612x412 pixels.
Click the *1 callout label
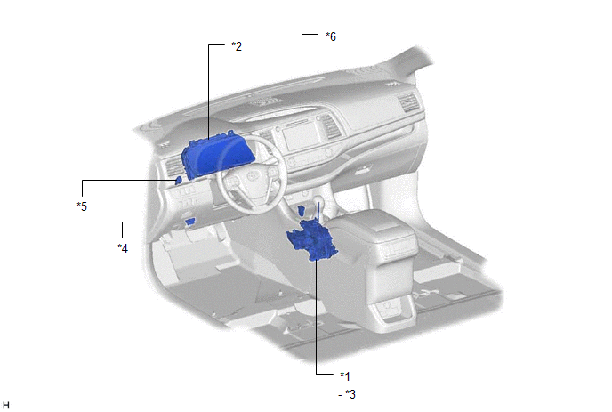[345, 376]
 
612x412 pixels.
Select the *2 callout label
[237, 46]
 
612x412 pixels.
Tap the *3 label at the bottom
[350, 394]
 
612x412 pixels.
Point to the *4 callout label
[123, 248]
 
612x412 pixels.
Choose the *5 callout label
[82, 206]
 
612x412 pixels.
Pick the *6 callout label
[331, 36]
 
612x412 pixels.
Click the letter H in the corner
[6, 406]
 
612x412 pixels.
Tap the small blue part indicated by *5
[178, 180]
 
